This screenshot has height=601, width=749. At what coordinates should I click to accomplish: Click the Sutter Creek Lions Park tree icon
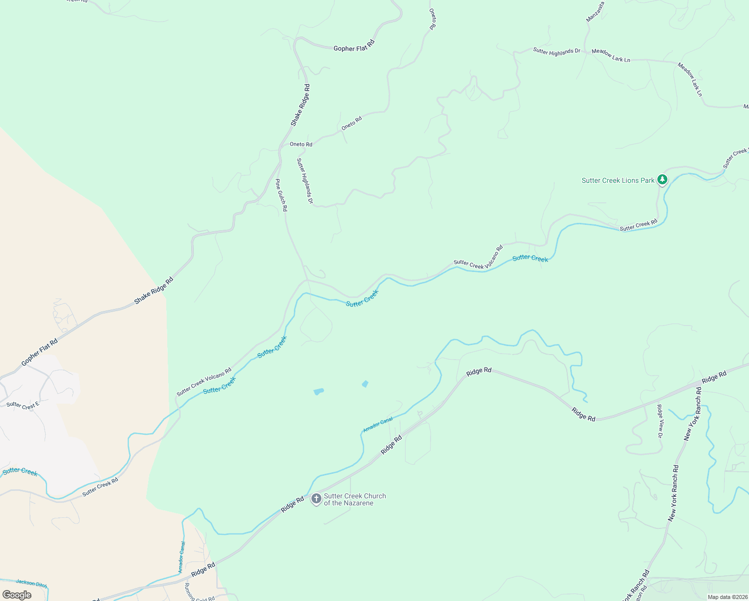tap(662, 179)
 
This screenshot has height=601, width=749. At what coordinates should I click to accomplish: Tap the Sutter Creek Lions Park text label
tap(618, 180)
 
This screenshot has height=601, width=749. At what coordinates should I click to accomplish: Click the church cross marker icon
tap(316, 499)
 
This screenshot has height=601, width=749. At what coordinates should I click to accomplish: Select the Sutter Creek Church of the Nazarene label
tap(354, 499)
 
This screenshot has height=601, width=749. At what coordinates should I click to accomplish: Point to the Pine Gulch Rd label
tap(281, 195)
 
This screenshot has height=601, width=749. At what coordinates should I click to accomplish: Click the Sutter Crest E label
tap(23, 405)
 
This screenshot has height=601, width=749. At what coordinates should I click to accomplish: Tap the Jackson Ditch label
tap(31, 583)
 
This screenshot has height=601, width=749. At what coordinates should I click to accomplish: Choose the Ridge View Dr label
tap(660, 421)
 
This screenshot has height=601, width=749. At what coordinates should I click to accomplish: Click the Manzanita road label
tap(595, 12)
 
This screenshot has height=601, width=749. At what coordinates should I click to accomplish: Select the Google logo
tap(17, 595)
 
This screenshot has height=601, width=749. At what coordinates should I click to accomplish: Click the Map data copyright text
tap(727, 597)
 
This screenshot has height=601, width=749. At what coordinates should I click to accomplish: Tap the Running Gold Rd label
tap(199, 593)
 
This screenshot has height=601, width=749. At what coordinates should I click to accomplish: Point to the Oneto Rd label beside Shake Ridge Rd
tap(301, 144)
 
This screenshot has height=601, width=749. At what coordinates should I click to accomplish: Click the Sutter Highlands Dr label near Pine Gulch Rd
tap(304, 181)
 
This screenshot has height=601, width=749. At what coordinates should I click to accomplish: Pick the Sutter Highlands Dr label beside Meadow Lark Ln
tap(556, 51)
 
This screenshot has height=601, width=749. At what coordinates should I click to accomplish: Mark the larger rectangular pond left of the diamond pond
tap(318, 391)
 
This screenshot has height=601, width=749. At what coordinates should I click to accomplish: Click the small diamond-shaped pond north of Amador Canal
tap(365, 384)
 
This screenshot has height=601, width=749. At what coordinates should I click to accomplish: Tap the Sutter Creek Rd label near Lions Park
tap(638, 225)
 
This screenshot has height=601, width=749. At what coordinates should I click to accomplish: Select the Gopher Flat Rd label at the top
tap(354, 47)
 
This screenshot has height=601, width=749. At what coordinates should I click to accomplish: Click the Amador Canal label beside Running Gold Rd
tap(181, 557)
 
